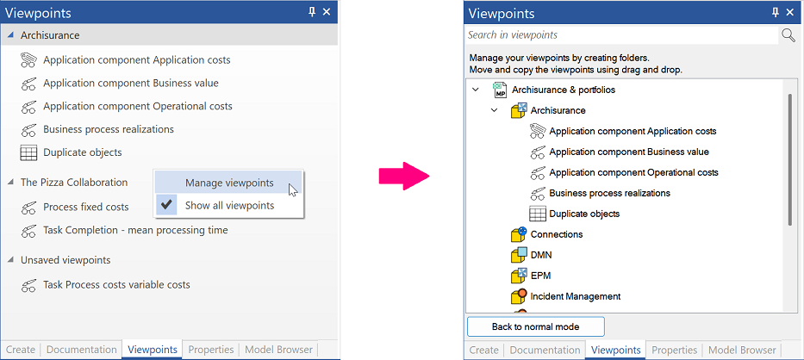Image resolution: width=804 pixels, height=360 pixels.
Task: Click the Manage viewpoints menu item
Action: tap(229, 183)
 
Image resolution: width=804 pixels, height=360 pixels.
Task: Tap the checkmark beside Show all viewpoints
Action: tap(165, 205)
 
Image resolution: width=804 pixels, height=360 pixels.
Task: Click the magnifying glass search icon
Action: tap(788, 34)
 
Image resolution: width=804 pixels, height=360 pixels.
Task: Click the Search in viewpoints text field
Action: tap(622, 34)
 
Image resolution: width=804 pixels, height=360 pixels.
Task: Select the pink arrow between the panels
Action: tap(404, 176)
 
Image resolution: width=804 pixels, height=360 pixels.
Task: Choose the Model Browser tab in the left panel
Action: tap(278, 350)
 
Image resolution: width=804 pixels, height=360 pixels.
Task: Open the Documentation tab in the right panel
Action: tap(545, 351)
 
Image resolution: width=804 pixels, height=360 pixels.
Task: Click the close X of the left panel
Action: tap(327, 12)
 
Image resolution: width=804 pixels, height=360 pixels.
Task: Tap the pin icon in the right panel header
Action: tap(776, 13)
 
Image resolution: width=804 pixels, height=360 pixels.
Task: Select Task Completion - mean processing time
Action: tap(135, 230)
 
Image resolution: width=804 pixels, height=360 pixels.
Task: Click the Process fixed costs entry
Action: tap(86, 208)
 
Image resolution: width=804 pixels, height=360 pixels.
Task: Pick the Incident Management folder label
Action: tap(576, 296)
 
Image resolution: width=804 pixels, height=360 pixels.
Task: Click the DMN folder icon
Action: tap(519, 254)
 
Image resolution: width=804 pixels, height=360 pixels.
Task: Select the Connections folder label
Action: tap(557, 234)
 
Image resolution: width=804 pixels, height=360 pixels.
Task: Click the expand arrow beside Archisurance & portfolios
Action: tap(476, 90)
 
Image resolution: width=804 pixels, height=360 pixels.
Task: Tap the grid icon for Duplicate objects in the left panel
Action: tap(28, 152)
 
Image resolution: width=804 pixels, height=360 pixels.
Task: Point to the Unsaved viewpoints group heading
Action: tap(65, 260)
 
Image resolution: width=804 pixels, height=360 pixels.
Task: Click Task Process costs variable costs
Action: tap(116, 284)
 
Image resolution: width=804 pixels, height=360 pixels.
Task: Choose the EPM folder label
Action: tap(540, 276)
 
